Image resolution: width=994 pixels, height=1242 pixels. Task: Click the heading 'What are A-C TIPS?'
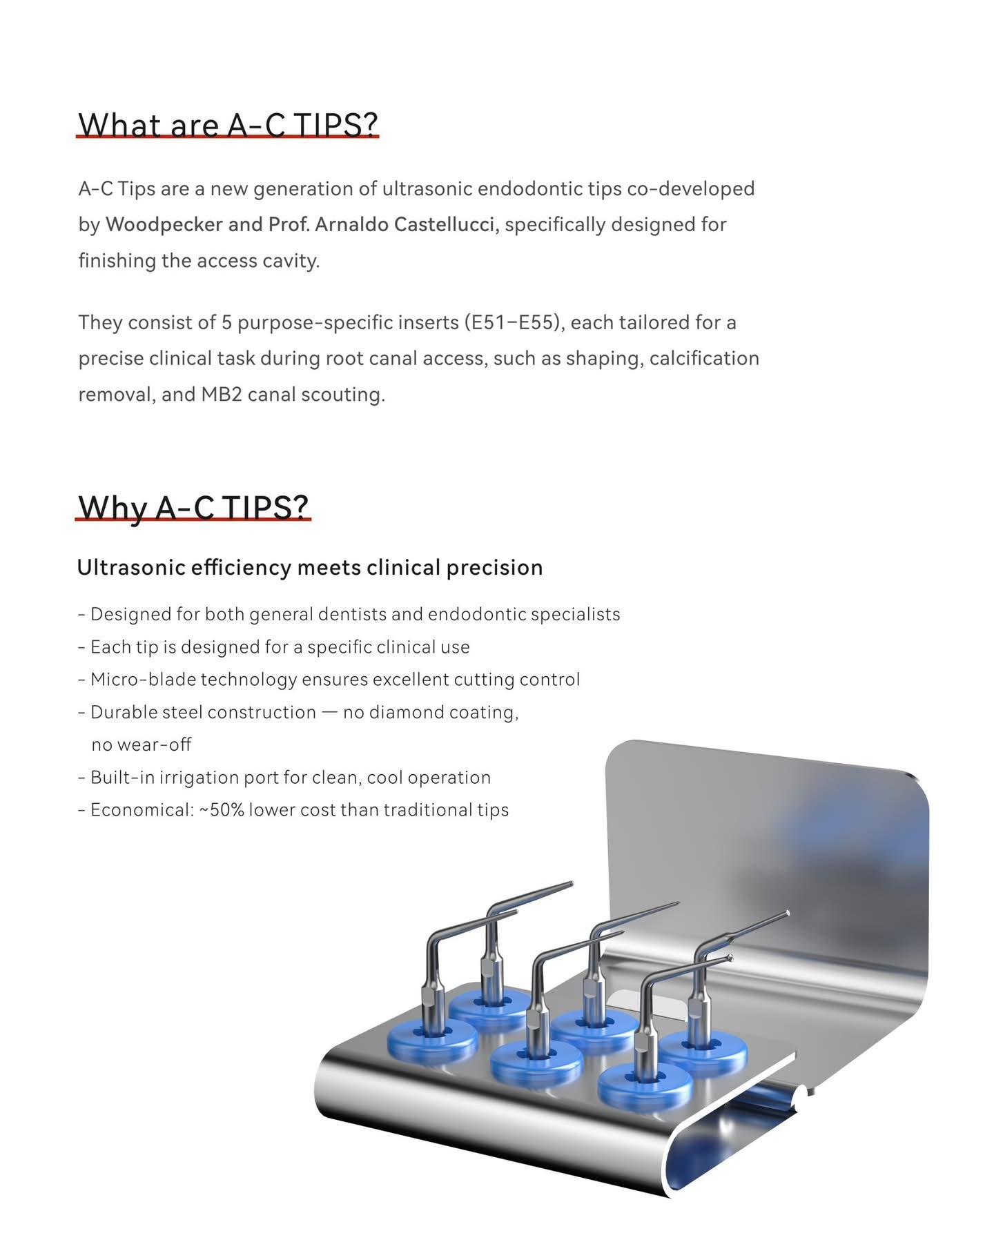click(x=228, y=125)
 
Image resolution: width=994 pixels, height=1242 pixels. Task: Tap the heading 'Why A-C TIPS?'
click(x=193, y=506)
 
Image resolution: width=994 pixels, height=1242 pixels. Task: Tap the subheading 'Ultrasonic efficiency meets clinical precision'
click(x=310, y=567)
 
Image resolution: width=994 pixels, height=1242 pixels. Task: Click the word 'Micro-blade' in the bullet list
click(x=143, y=679)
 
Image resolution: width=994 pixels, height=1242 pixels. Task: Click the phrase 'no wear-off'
click(x=142, y=745)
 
